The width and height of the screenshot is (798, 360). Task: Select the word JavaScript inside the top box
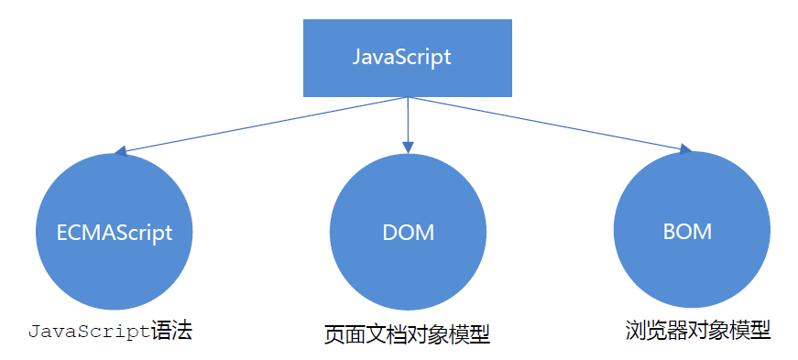tap(402, 57)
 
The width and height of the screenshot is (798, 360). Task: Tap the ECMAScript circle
tap(114, 232)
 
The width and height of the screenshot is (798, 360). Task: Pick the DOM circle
tap(408, 232)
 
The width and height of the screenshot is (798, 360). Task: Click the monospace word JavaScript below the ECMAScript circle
tap(88, 331)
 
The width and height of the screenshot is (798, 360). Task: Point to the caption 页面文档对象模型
tap(407, 334)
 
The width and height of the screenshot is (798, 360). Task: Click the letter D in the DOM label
tap(389, 233)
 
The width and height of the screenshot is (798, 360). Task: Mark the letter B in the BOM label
tap(670, 232)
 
